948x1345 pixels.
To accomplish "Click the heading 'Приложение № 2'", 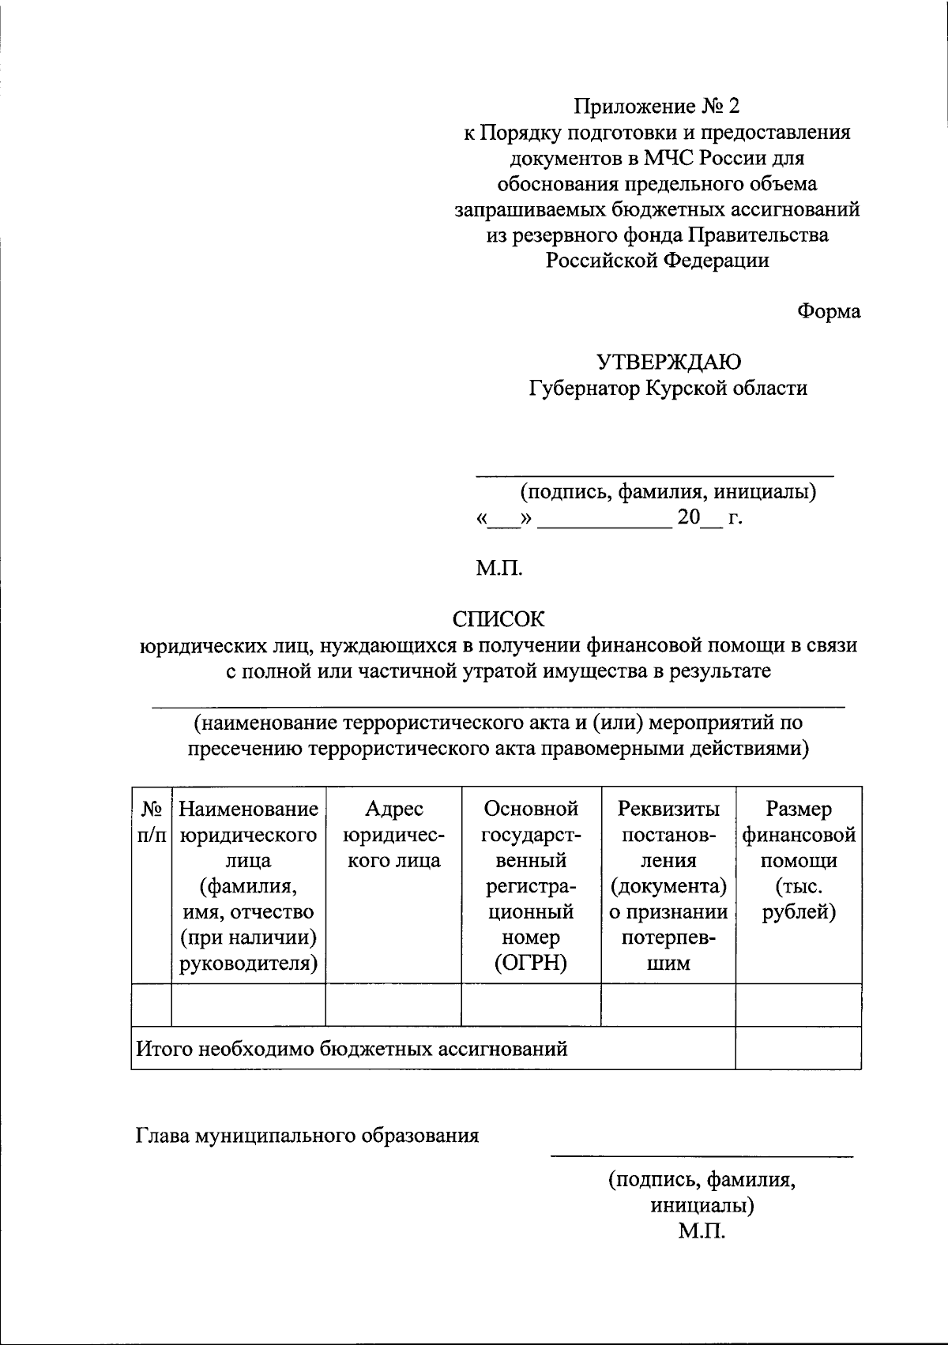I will click(658, 106).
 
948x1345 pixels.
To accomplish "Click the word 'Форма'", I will click(827, 311).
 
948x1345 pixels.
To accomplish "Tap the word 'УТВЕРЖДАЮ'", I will click(668, 363).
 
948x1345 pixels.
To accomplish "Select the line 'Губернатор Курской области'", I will click(668, 388).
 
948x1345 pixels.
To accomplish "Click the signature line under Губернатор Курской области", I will click(653, 475).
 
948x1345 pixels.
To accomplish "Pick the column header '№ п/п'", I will click(152, 821).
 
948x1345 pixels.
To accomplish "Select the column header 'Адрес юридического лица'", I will click(393, 834).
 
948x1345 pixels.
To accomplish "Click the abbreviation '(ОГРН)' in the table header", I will click(531, 963).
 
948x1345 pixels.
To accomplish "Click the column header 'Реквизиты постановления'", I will click(668, 834).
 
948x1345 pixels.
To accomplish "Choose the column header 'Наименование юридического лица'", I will click(248, 834).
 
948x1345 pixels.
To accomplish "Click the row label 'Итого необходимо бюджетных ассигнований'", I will click(352, 1049).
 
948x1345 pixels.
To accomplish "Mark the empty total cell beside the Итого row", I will click(798, 1048).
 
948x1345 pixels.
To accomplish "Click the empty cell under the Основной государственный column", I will click(531, 1005).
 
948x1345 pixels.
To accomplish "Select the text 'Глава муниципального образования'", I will click(307, 1136).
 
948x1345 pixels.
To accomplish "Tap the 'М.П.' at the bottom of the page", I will click(700, 1231).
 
